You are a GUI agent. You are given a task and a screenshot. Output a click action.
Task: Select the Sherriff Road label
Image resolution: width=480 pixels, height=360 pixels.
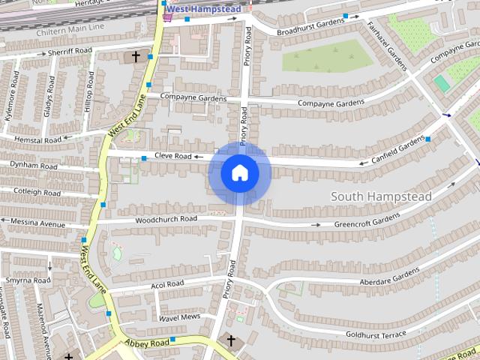tap(69, 51)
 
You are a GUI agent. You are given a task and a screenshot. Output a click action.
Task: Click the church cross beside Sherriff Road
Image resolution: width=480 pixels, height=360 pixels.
tap(136, 55)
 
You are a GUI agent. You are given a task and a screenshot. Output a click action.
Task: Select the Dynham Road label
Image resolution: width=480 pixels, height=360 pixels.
tap(34, 166)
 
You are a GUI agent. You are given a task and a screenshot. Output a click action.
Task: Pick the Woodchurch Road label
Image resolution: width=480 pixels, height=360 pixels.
tap(166, 220)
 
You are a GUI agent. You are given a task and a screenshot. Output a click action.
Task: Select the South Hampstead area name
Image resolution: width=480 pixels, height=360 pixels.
tap(381, 196)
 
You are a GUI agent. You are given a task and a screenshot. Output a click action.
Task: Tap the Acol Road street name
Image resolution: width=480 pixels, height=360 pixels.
tap(166, 285)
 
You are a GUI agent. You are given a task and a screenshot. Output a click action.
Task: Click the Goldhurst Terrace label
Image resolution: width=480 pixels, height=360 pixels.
tap(376, 334)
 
